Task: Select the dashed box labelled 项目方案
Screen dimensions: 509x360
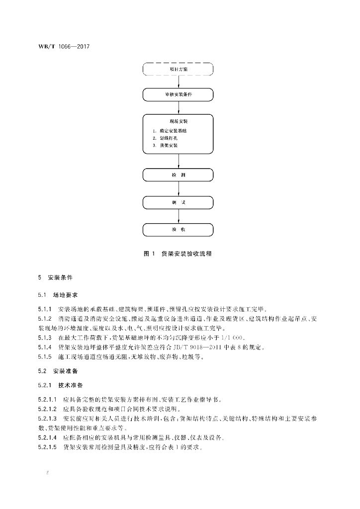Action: pyautogui.click(x=178, y=69)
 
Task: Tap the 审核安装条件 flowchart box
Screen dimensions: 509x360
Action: pyautogui.click(x=178, y=94)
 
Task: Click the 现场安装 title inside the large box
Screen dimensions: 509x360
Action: pyautogui.click(x=178, y=121)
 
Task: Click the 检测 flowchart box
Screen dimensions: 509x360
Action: pyautogui.click(x=178, y=175)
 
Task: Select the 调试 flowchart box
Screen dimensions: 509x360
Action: pyautogui.click(x=178, y=202)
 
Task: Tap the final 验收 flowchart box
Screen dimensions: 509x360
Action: pyautogui.click(x=178, y=230)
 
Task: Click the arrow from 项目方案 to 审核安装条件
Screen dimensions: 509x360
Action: pyautogui.click(x=178, y=82)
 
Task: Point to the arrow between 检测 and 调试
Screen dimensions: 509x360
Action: pyautogui.click(x=178, y=189)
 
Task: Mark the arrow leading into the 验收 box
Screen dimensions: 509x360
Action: pyautogui.click(x=178, y=216)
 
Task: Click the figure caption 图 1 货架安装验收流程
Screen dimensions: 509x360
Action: pyautogui.click(x=178, y=254)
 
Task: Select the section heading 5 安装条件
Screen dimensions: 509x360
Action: pyautogui.click(x=59, y=276)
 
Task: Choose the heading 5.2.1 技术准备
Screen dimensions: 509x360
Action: pyautogui.click(x=62, y=385)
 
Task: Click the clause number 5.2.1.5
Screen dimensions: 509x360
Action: pyautogui.click(x=48, y=447)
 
